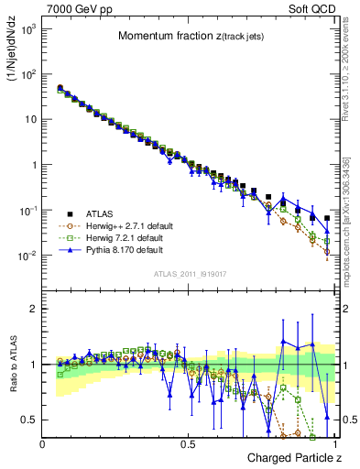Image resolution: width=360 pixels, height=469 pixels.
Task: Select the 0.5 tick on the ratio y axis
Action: pyautogui.click(x=30, y=420)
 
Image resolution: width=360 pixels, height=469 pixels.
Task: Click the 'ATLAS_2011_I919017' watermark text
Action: pyautogui.click(x=188, y=272)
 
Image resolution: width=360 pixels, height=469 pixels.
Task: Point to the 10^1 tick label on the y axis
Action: pyautogui.click(x=29, y=120)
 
